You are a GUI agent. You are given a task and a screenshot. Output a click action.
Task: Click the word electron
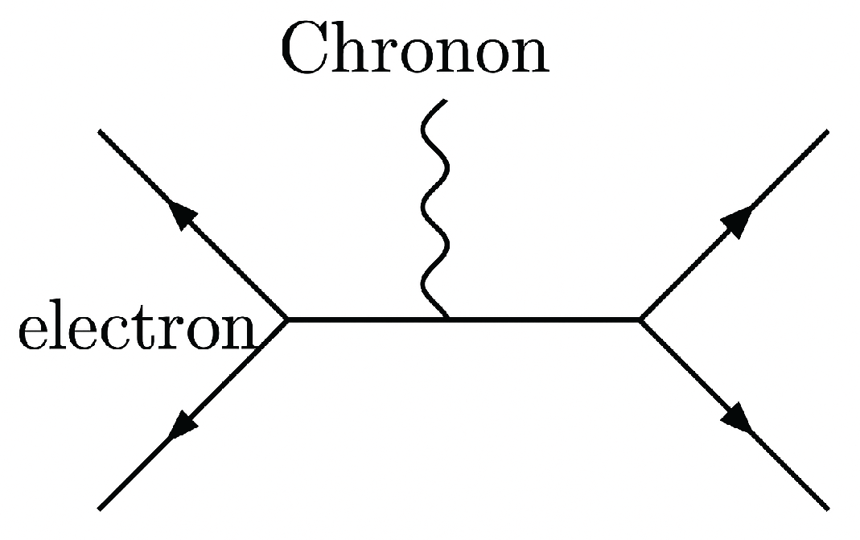coord(135,329)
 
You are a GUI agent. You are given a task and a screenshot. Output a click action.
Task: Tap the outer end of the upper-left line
coord(99,131)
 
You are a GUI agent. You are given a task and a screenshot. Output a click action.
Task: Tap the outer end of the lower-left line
coord(99,509)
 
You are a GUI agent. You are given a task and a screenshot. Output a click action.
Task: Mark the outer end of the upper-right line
coord(826,131)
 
